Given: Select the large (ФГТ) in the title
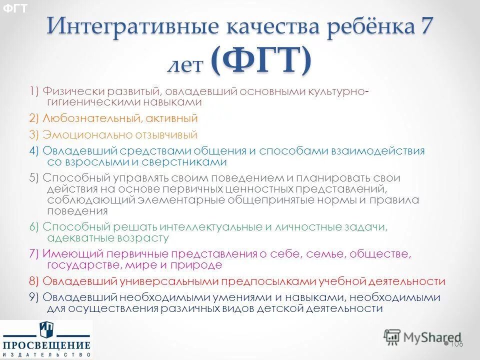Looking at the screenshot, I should pos(260,61).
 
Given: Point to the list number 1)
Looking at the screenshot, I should pos(34,91).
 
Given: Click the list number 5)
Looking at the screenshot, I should pos(34,178).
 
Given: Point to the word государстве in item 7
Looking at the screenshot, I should pos(79,265).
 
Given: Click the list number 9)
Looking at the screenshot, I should pos(34,297).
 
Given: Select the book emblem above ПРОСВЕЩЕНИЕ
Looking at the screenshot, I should pos(46,329).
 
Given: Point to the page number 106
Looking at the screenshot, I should pos(456,344).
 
